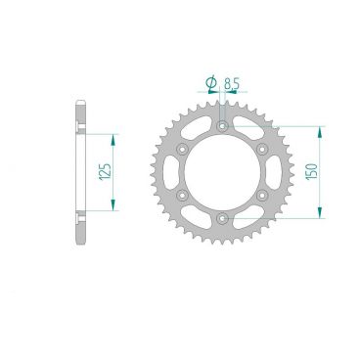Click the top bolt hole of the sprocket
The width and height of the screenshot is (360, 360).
pyautogui.click(x=223, y=125)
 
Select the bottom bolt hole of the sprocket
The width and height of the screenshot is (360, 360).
pyautogui.click(x=223, y=216)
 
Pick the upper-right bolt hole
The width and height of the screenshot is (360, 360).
pyautogui.click(x=262, y=148)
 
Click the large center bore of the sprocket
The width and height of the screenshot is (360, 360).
pyautogui.click(x=223, y=171)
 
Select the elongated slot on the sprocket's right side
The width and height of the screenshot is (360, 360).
pyautogui.click(x=278, y=171)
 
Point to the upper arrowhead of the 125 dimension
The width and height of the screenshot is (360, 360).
pyautogui.click(x=115, y=138)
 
